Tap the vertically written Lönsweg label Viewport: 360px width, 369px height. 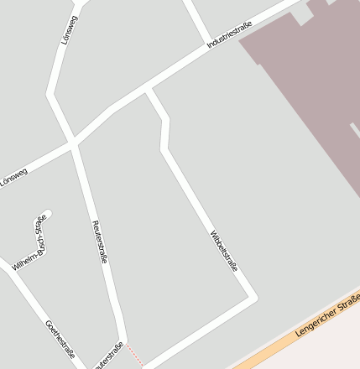pos(69,29)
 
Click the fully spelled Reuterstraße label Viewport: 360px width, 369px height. pos(99,242)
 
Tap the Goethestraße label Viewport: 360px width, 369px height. pos(60,335)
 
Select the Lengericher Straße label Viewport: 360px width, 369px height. pos(328,315)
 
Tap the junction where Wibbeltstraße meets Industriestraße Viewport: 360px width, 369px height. pos(149,89)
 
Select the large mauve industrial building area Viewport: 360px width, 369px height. pos(310,92)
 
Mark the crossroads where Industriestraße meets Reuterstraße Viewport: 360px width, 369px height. pos(74,141)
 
